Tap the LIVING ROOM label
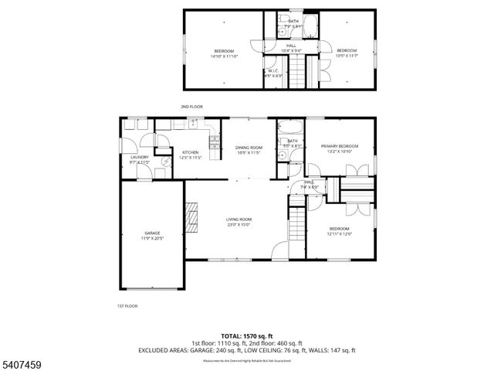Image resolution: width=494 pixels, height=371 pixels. coord(239,220)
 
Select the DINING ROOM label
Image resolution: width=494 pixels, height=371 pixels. coord(249,147)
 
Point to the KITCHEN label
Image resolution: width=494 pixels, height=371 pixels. coord(190,152)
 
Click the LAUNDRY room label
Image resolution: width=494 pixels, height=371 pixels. coord(139,157)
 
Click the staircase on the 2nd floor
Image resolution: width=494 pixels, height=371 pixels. coord(312,70)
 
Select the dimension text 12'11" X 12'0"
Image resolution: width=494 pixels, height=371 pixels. coord(340,233)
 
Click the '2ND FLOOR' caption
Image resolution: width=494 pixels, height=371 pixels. coord(190,106)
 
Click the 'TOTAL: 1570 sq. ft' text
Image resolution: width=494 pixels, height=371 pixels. coord(246,336)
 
